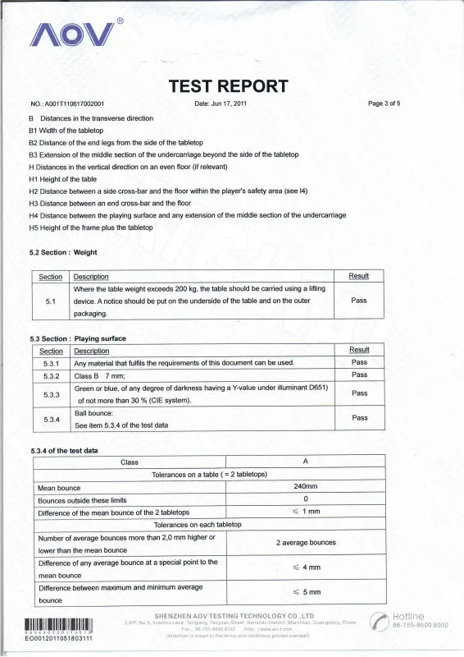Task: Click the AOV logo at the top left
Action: tap(73, 34)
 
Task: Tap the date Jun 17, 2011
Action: tap(221, 104)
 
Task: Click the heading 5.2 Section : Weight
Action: tap(63, 253)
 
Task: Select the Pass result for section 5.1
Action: tap(358, 301)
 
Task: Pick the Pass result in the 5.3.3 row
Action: tap(359, 393)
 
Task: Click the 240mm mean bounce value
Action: tap(304, 487)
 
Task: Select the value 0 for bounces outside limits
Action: tap(304, 499)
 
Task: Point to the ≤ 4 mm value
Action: tap(305, 567)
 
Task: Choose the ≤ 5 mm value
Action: tap(305, 592)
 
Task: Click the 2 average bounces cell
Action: tap(304, 543)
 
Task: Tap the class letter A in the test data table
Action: tap(304, 462)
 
